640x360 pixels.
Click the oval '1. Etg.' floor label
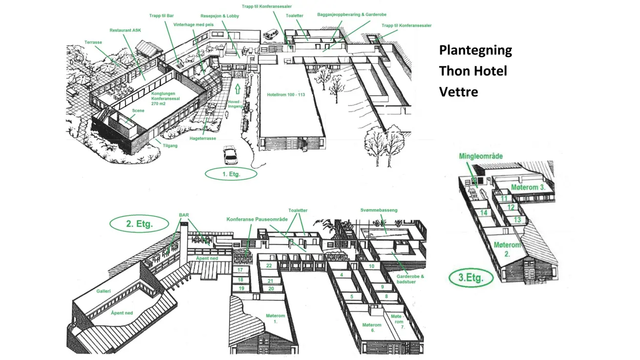[231, 174]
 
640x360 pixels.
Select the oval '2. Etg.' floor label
[140, 224]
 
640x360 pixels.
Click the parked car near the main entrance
[230, 154]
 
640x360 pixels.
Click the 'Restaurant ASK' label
[125, 30]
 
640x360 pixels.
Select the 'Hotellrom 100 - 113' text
[286, 94]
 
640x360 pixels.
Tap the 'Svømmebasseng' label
[379, 210]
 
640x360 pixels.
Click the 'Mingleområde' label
[481, 156]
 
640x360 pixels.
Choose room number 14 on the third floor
[484, 213]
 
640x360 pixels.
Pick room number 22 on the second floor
[269, 266]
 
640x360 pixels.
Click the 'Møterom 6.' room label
[372, 328]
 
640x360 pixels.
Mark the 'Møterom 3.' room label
[528, 188]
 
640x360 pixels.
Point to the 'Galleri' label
[104, 291]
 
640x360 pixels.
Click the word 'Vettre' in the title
[458, 92]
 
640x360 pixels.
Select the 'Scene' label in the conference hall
[138, 111]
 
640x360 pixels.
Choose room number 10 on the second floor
[372, 266]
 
